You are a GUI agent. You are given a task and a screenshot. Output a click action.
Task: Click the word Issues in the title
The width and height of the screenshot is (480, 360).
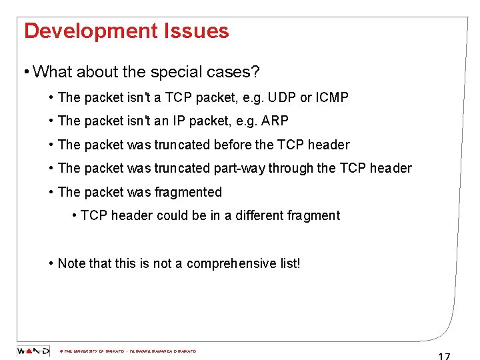pyautogui.click(x=199, y=31)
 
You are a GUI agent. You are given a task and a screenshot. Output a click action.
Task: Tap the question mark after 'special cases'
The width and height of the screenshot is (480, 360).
pyautogui.click(x=255, y=71)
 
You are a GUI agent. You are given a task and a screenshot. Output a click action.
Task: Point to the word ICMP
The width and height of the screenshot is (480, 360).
pyautogui.click(x=332, y=97)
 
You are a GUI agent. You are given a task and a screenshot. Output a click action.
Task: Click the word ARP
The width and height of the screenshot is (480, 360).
pyautogui.click(x=275, y=121)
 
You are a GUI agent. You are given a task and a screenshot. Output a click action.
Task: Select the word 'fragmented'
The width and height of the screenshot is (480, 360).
pyautogui.click(x=188, y=192)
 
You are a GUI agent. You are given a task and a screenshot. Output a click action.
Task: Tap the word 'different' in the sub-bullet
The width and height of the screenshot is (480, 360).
pyautogui.click(x=259, y=215)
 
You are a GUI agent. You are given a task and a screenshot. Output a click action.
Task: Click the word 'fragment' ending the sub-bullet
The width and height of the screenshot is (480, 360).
pyautogui.click(x=315, y=215)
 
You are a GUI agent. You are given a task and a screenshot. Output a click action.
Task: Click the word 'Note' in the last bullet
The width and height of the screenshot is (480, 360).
pyautogui.click(x=71, y=263)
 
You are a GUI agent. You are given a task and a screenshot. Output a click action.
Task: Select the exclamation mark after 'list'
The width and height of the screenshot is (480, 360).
pyautogui.click(x=299, y=263)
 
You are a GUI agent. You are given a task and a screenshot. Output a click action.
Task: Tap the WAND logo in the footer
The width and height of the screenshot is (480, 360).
pyautogui.click(x=33, y=351)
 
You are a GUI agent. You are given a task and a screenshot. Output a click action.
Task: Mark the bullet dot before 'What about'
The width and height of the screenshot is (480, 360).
pyautogui.click(x=25, y=71)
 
